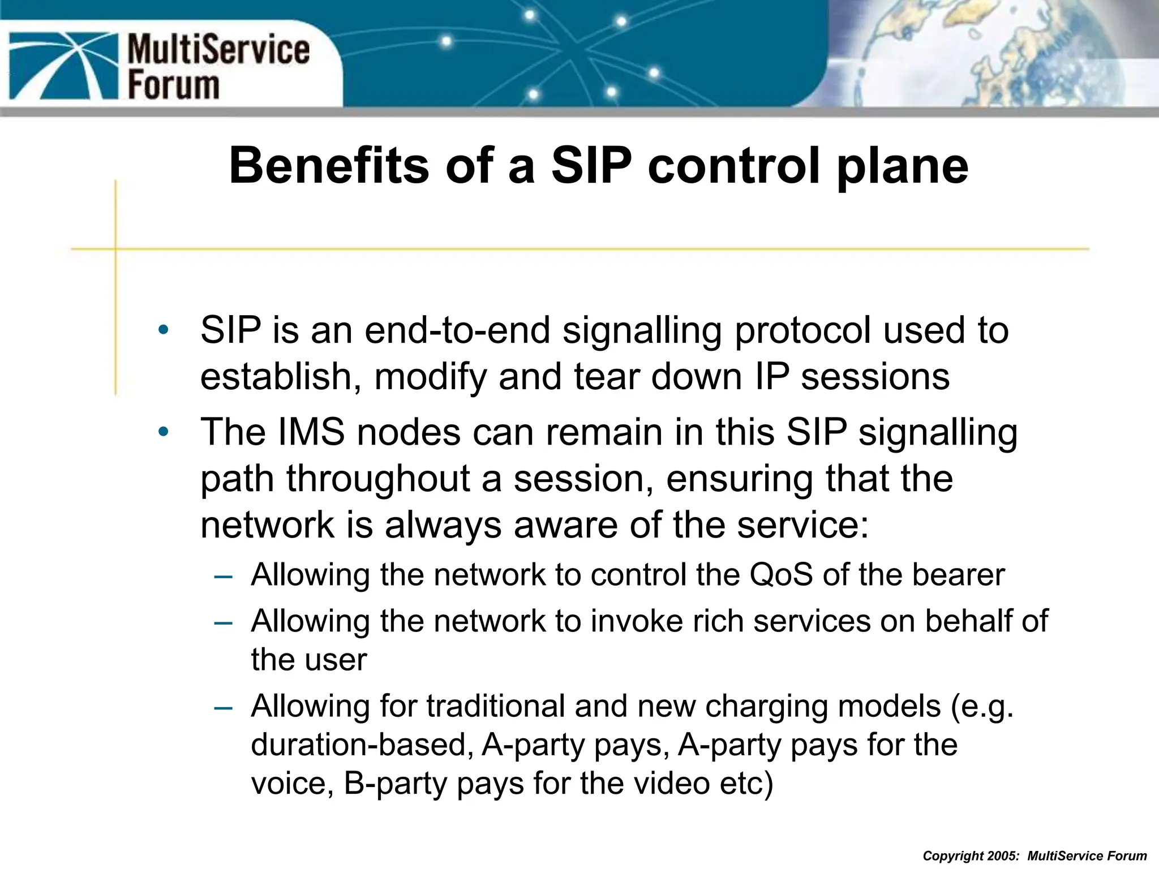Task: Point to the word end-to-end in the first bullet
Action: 457,330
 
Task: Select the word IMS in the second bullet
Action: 311,432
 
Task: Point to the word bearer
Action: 958,575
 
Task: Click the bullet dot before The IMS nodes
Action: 163,432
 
